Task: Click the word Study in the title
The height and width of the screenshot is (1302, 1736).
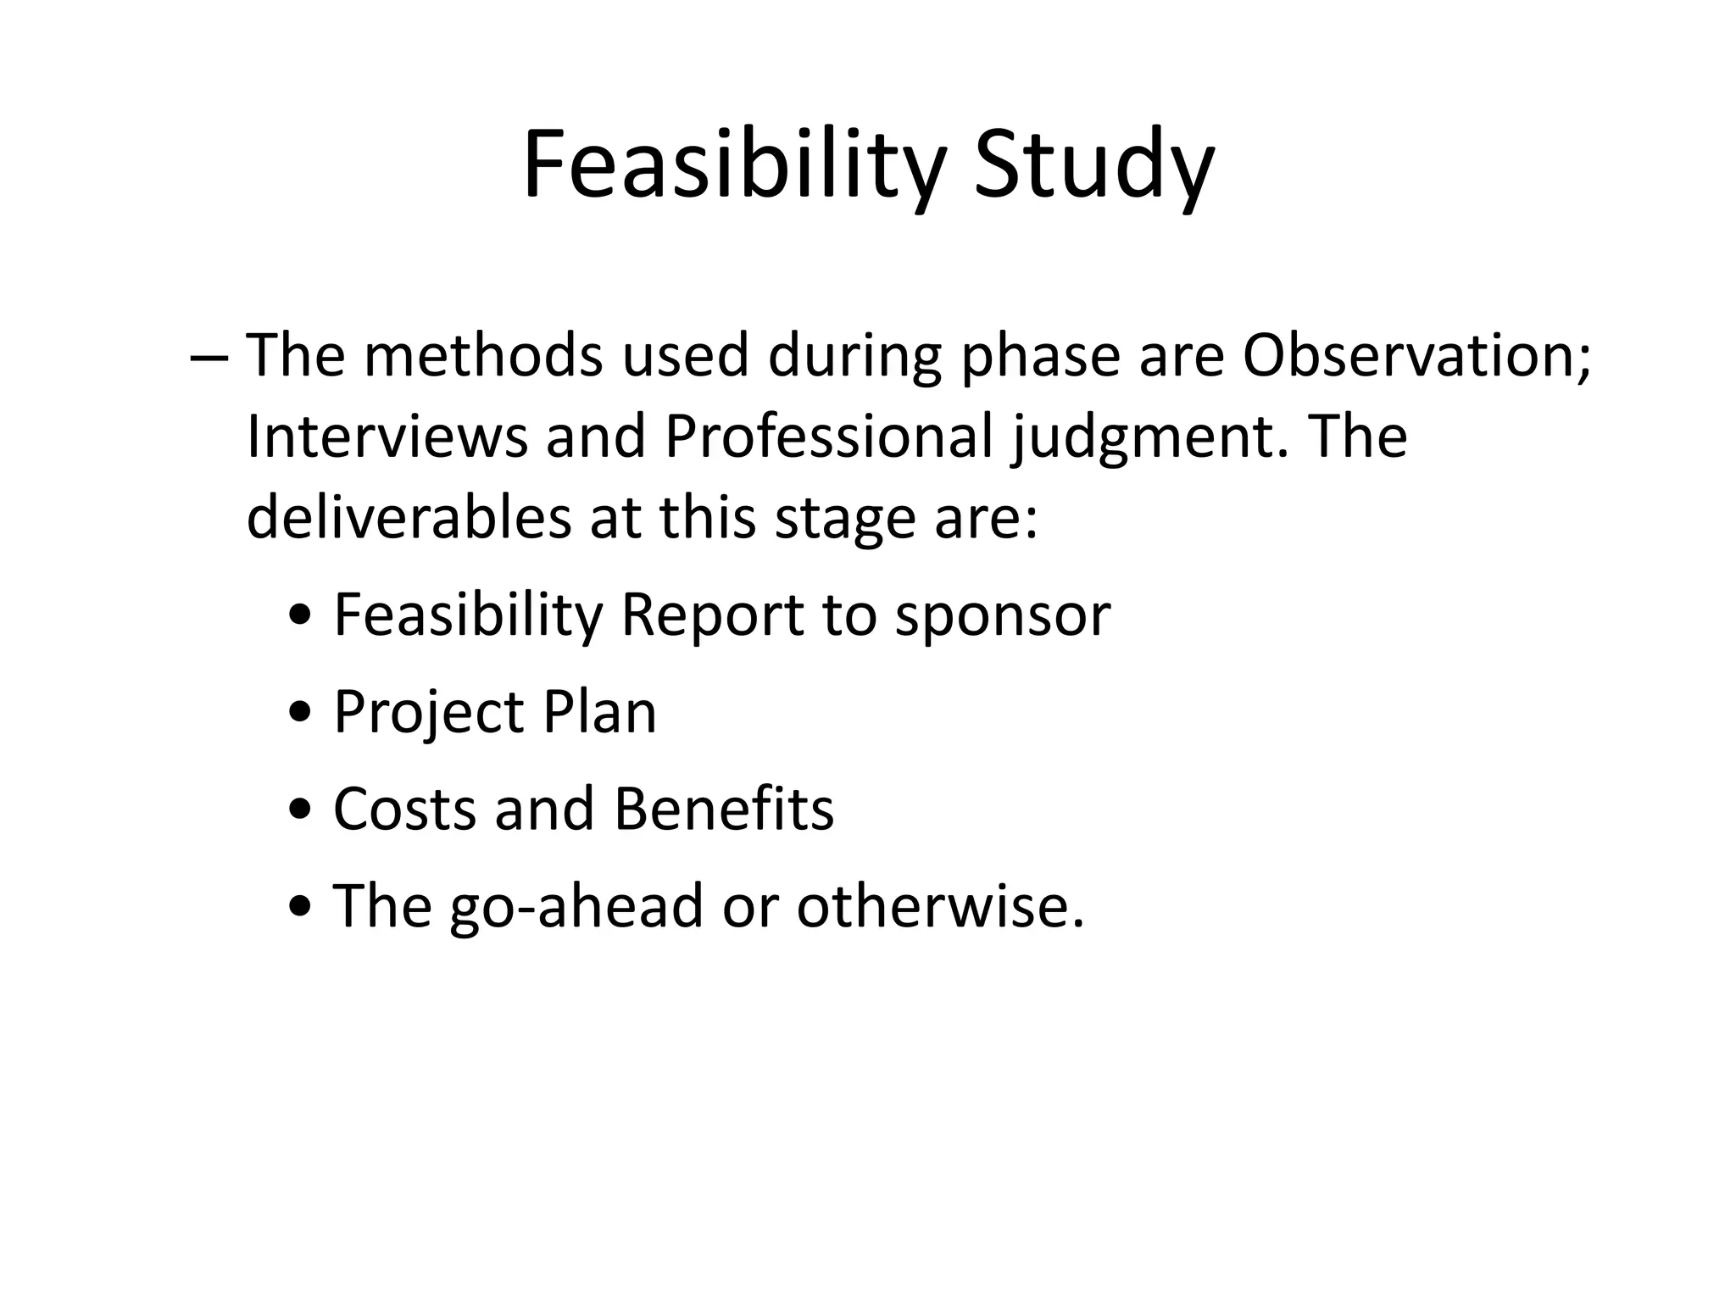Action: (x=1093, y=165)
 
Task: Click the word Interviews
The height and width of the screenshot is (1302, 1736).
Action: (x=386, y=437)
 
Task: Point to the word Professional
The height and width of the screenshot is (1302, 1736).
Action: (x=828, y=437)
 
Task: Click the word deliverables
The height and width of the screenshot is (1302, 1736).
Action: (x=409, y=518)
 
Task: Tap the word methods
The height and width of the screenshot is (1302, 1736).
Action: (x=483, y=356)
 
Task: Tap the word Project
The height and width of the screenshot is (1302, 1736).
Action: (x=428, y=714)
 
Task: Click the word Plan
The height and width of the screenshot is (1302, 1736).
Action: (x=600, y=712)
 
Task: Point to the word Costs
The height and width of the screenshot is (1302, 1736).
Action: (x=404, y=809)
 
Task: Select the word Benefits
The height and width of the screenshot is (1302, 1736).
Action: (x=724, y=809)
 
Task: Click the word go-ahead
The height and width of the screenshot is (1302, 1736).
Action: (x=576, y=907)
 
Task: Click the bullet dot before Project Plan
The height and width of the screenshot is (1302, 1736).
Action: (x=299, y=715)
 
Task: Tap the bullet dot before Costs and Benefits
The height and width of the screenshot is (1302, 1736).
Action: (x=299, y=812)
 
